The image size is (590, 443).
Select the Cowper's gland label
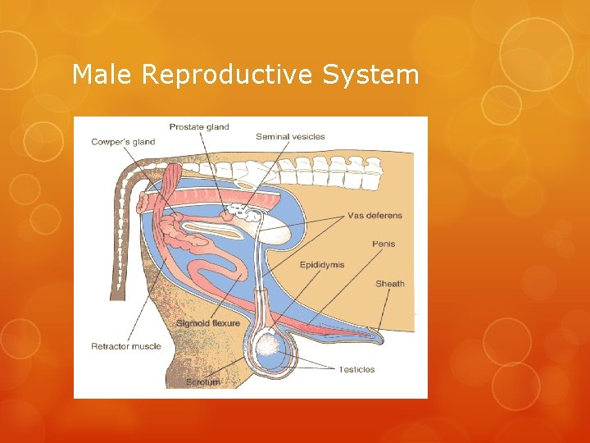click(x=123, y=142)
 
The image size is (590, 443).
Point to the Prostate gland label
click(x=199, y=127)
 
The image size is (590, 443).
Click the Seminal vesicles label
click(x=290, y=136)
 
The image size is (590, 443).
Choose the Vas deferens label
click(x=374, y=216)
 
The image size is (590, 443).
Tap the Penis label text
click(x=383, y=244)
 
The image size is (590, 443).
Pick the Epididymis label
click(x=322, y=265)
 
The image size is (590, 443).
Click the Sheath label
click(x=389, y=284)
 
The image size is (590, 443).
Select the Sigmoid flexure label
click(x=208, y=323)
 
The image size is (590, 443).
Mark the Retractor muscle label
click(x=126, y=346)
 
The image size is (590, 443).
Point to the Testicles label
click(x=356, y=369)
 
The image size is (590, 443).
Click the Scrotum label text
click(x=203, y=382)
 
